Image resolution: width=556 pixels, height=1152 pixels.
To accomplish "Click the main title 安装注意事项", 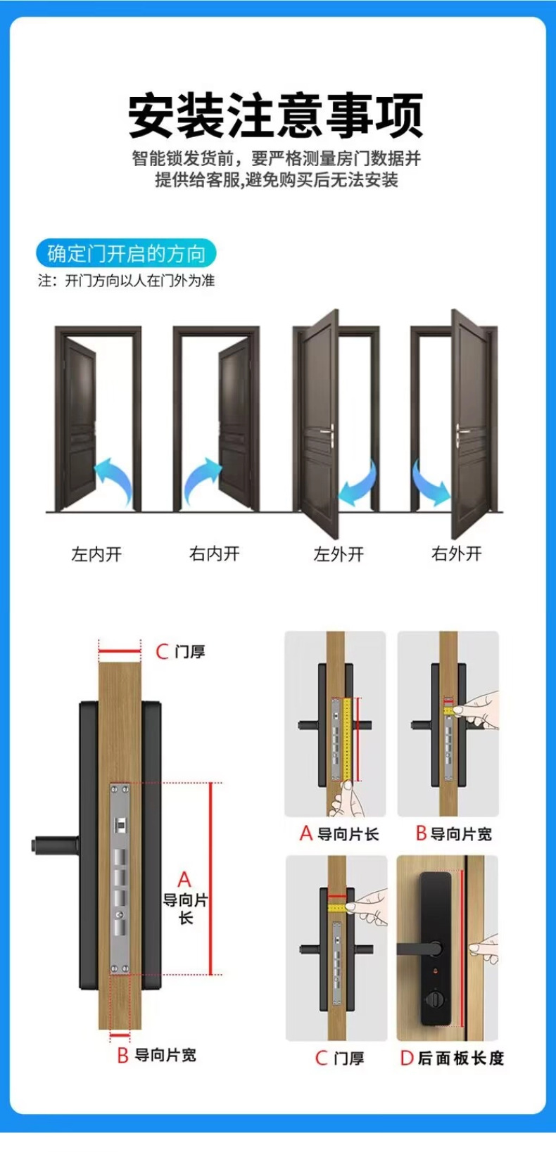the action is point(276,115).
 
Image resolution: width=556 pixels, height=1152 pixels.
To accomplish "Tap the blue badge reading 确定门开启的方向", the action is point(126,253).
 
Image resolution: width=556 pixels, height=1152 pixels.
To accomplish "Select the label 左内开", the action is point(96,554).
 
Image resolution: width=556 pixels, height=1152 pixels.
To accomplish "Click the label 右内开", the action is point(215,554).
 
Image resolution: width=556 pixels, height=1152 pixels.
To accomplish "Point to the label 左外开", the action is point(339,554).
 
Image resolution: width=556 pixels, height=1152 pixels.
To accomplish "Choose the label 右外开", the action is point(457,554).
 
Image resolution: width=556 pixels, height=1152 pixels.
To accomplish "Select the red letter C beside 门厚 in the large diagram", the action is point(163,652).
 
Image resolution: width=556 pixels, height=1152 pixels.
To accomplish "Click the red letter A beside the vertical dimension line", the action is point(184,879).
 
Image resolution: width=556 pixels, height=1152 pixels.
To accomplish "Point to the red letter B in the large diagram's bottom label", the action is point(122,1056).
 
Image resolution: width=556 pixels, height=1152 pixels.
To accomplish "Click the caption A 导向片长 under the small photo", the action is point(339,834).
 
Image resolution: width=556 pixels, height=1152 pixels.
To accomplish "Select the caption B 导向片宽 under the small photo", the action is point(453,834).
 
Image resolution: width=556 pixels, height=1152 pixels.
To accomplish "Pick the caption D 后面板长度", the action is point(452,1058).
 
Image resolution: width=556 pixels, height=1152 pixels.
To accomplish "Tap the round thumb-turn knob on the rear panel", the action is point(431,999).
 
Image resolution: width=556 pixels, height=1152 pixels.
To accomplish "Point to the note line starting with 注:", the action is point(126,281).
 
